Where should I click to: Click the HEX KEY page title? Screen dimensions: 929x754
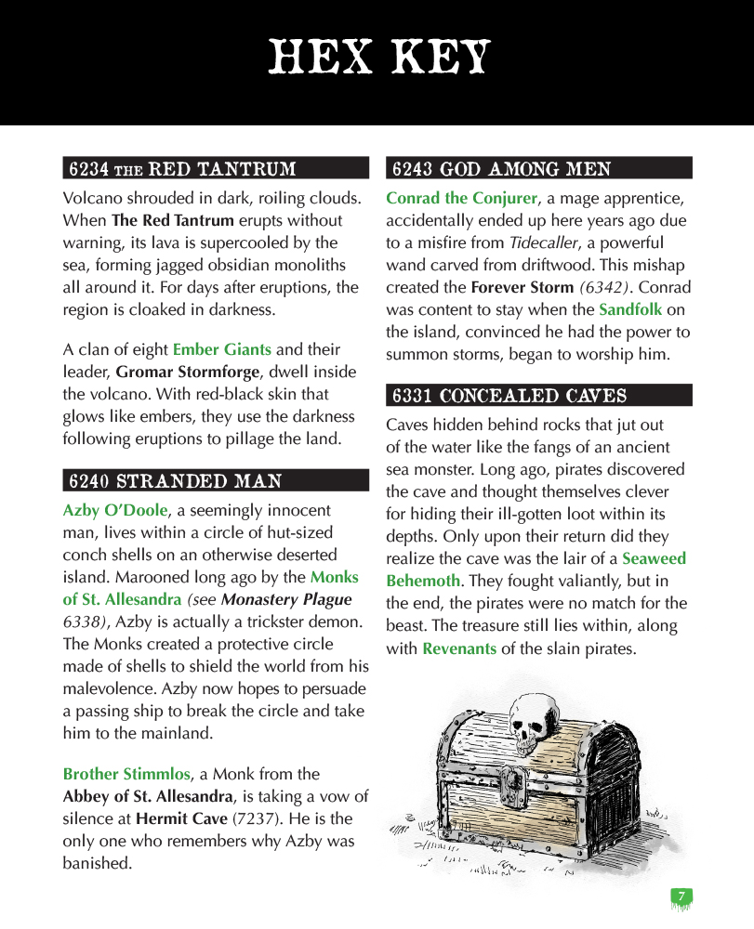pos(377,58)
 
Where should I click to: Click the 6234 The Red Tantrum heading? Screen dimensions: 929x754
pos(182,169)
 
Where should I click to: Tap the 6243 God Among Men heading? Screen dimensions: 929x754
pos(502,169)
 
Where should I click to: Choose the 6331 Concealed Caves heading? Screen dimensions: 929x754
pos(509,396)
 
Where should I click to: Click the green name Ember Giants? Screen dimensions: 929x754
pos(222,350)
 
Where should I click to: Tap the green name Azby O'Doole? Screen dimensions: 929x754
pos(115,510)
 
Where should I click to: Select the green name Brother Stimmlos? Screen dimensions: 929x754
pos(126,774)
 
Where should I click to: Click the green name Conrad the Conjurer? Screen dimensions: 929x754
pos(462,198)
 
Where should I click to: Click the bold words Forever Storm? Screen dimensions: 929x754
pos(521,287)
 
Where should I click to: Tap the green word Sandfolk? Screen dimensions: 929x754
pos(630,309)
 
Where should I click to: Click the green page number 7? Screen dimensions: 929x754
pos(681,896)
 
